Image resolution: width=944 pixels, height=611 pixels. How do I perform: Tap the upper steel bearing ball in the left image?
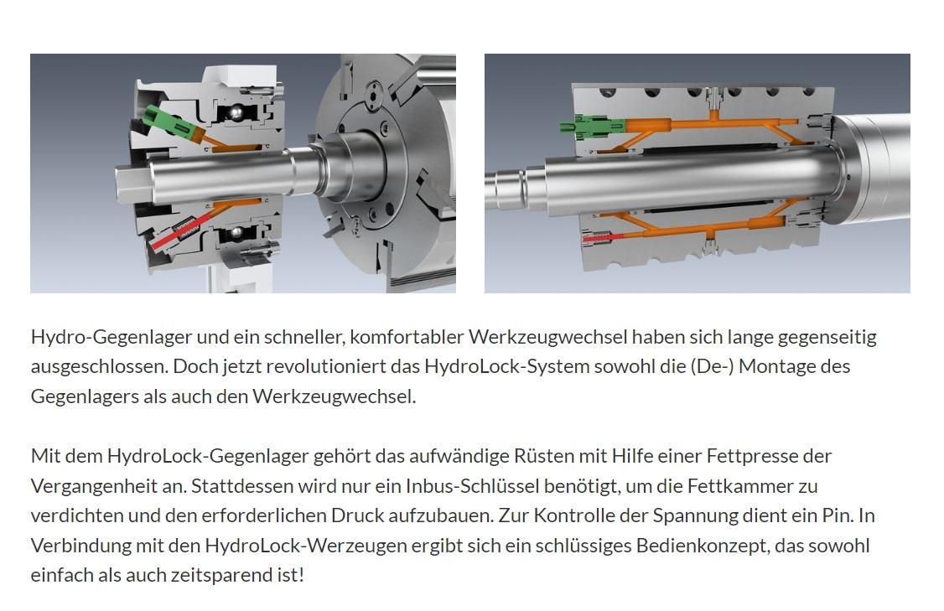click(x=239, y=112)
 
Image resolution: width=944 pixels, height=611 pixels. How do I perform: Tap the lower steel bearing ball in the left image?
click(x=238, y=232)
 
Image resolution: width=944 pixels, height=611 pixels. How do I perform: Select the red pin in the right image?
click(x=599, y=239)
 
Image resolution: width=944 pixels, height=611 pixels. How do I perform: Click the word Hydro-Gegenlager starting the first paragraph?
click(x=112, y=337)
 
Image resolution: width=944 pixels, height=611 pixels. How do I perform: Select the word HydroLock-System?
click(x=506, y=366)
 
